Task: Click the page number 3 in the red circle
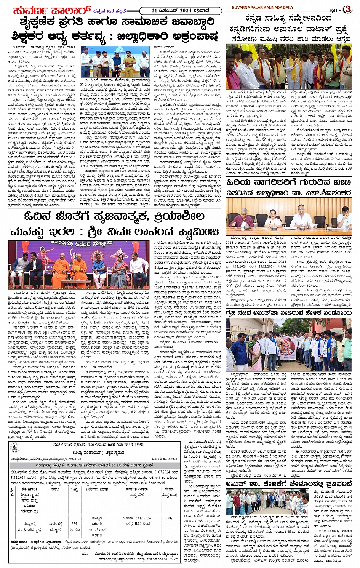coord(347,9)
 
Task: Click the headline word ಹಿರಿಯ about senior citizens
coord(242,182)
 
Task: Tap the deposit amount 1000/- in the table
coord(169,518)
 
